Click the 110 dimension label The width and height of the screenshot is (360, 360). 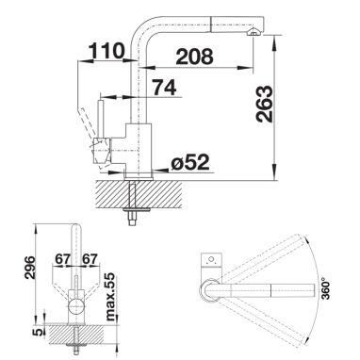tap(106, 51)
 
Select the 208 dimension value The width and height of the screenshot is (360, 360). tap(195, 57)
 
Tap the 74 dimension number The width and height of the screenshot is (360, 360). tap(165, 87)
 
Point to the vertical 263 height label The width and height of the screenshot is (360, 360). tap(264, 104)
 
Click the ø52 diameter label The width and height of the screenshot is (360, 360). tap(190, 162)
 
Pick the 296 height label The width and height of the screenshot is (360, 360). tap(30, 268)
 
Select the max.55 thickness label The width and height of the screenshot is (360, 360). tap(110, 297)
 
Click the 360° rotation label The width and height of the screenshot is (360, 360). tap(327, 288)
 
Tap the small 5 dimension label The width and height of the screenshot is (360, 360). tap(39, 332)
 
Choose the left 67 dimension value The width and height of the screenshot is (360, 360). tap(62, 259)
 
